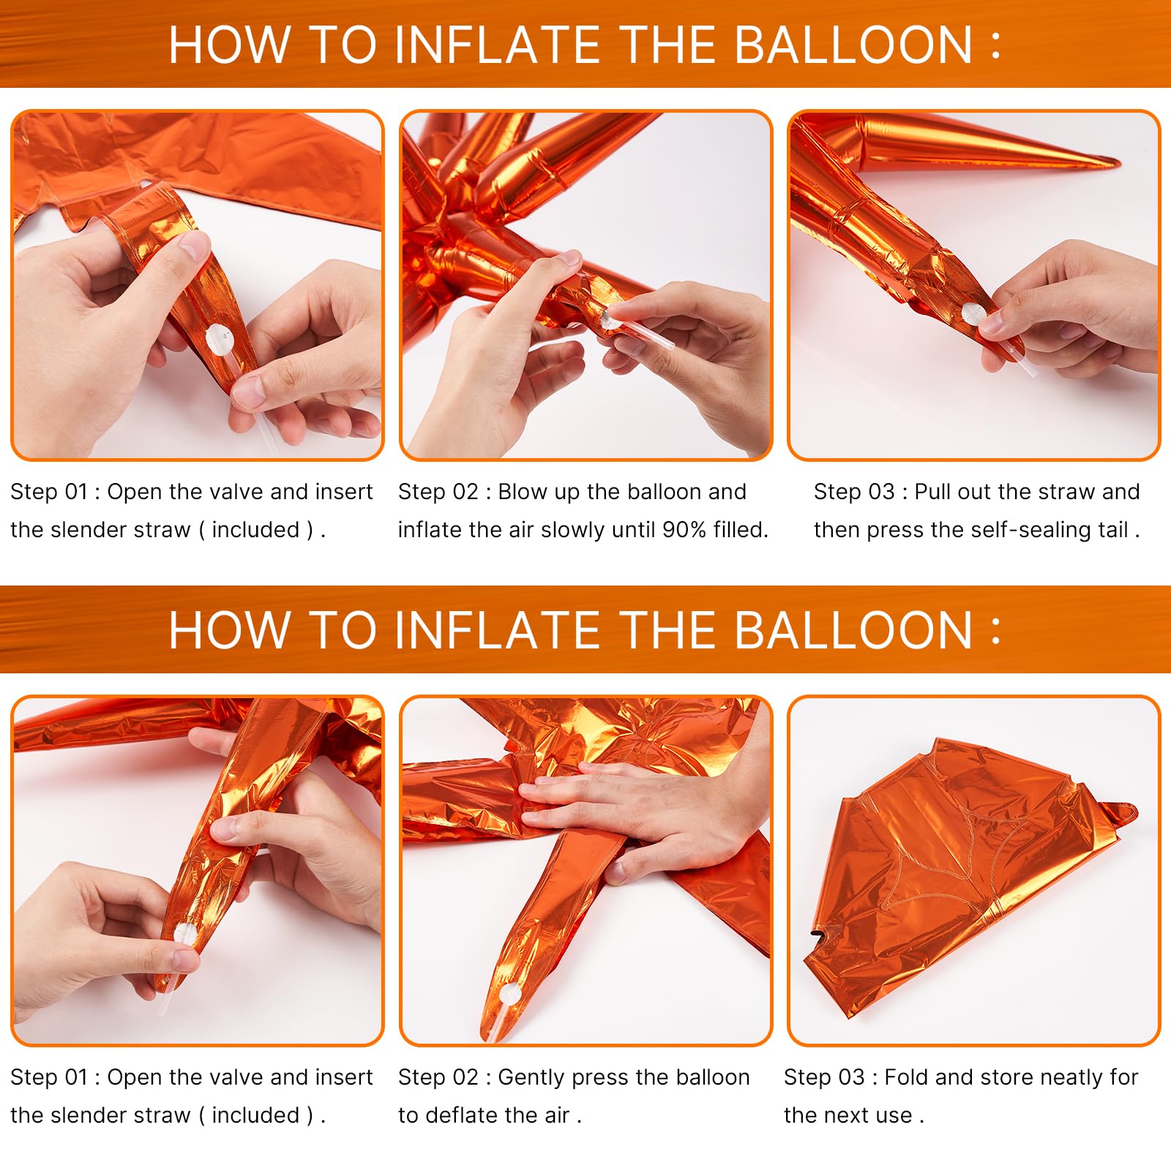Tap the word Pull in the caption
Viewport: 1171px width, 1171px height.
(x=932, y=491)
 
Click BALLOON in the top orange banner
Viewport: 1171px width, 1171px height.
(x=853, y=45)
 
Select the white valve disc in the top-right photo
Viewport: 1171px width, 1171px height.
(x=971, y=315)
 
